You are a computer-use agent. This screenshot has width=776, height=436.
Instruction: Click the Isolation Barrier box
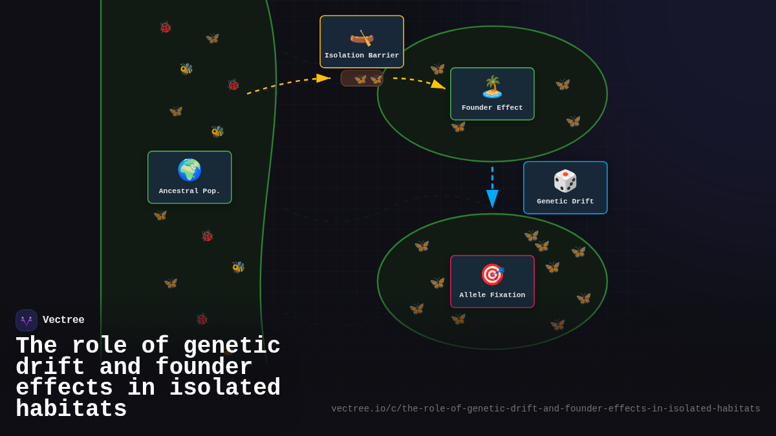coord(361,42)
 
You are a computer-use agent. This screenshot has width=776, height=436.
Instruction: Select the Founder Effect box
coord(492,94)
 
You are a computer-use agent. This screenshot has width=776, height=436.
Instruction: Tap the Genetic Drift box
coord(565,188)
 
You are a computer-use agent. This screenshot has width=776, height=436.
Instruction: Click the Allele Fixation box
coord(492,282)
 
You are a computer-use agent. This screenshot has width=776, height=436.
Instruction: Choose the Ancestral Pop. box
coord(189,178)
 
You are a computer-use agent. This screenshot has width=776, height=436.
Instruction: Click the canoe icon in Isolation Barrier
coord(361,37)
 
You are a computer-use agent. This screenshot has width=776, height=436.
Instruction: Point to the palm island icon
coord(492,87)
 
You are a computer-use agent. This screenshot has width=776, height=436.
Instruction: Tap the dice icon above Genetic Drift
coord(565,181)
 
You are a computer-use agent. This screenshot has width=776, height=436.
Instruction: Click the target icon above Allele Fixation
coord(492,275)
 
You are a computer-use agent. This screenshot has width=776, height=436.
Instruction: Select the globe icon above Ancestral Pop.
coord(189,170)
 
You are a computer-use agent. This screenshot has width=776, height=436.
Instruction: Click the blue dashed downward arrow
coord(492,187)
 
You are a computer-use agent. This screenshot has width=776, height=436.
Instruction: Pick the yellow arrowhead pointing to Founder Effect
coord(438,85)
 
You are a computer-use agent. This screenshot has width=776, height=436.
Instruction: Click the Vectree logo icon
coord(27,320)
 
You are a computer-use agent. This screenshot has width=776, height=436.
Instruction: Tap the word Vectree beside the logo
coord(63,320)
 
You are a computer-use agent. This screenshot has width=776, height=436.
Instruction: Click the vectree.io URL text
coord(545,409)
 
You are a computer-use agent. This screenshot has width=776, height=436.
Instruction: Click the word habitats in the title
coord(71,410)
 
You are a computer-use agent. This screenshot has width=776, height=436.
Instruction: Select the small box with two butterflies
coord(361,79)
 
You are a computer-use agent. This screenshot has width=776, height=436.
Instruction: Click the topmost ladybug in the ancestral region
coord(166,27)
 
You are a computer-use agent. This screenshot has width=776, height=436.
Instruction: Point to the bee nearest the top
coord(186,68)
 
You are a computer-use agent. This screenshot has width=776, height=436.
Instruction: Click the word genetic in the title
coord(232,346)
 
